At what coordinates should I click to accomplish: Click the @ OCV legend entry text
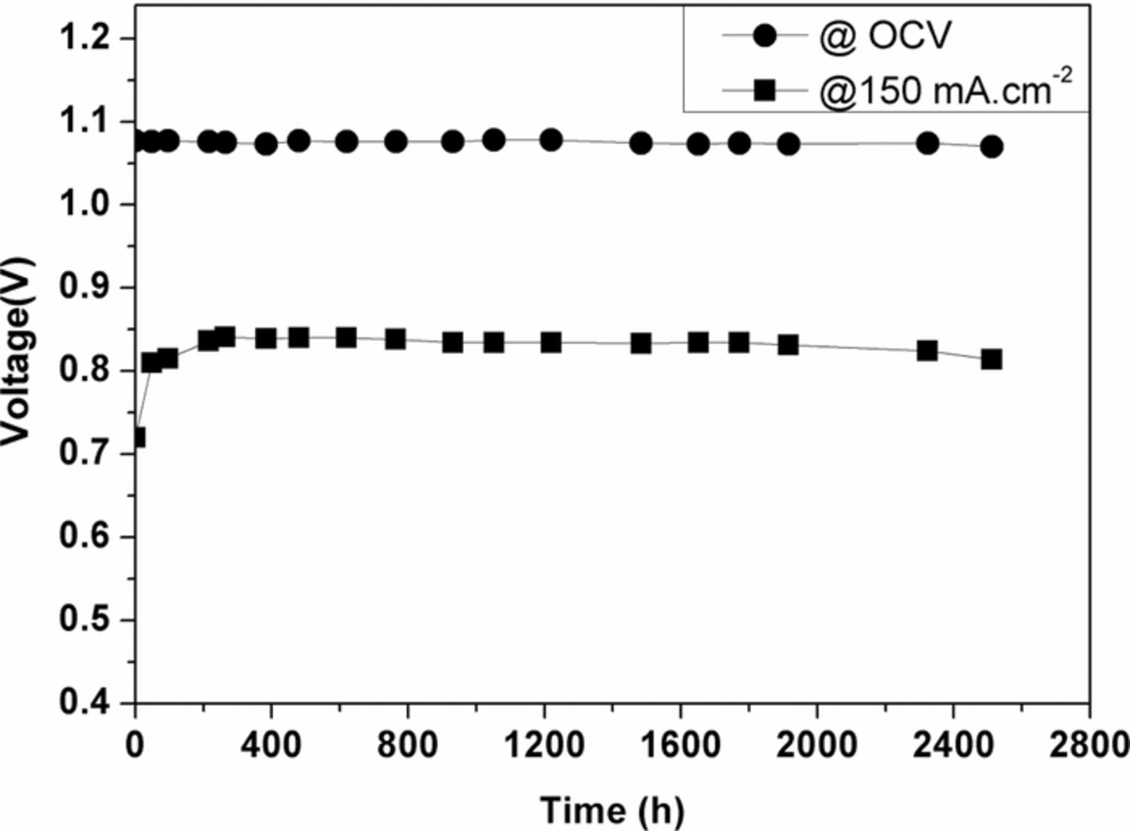[886, 36]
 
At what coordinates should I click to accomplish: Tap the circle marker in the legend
[765, 36]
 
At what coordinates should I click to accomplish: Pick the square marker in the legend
[765, 90]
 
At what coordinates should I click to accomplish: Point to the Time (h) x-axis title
[612, 810]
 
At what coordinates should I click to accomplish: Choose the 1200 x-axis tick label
[544, 745]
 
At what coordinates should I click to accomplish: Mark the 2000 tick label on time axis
[817, 745]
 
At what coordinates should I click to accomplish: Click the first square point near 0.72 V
[137, 437]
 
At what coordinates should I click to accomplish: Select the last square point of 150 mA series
[991, 360]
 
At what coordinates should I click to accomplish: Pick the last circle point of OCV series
[991, 147]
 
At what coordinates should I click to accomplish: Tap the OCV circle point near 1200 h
[551, 140]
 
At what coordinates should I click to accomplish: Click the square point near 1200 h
[551, 343]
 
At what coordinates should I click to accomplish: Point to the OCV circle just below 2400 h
[927, 143]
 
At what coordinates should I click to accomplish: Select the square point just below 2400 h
[927, 350]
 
